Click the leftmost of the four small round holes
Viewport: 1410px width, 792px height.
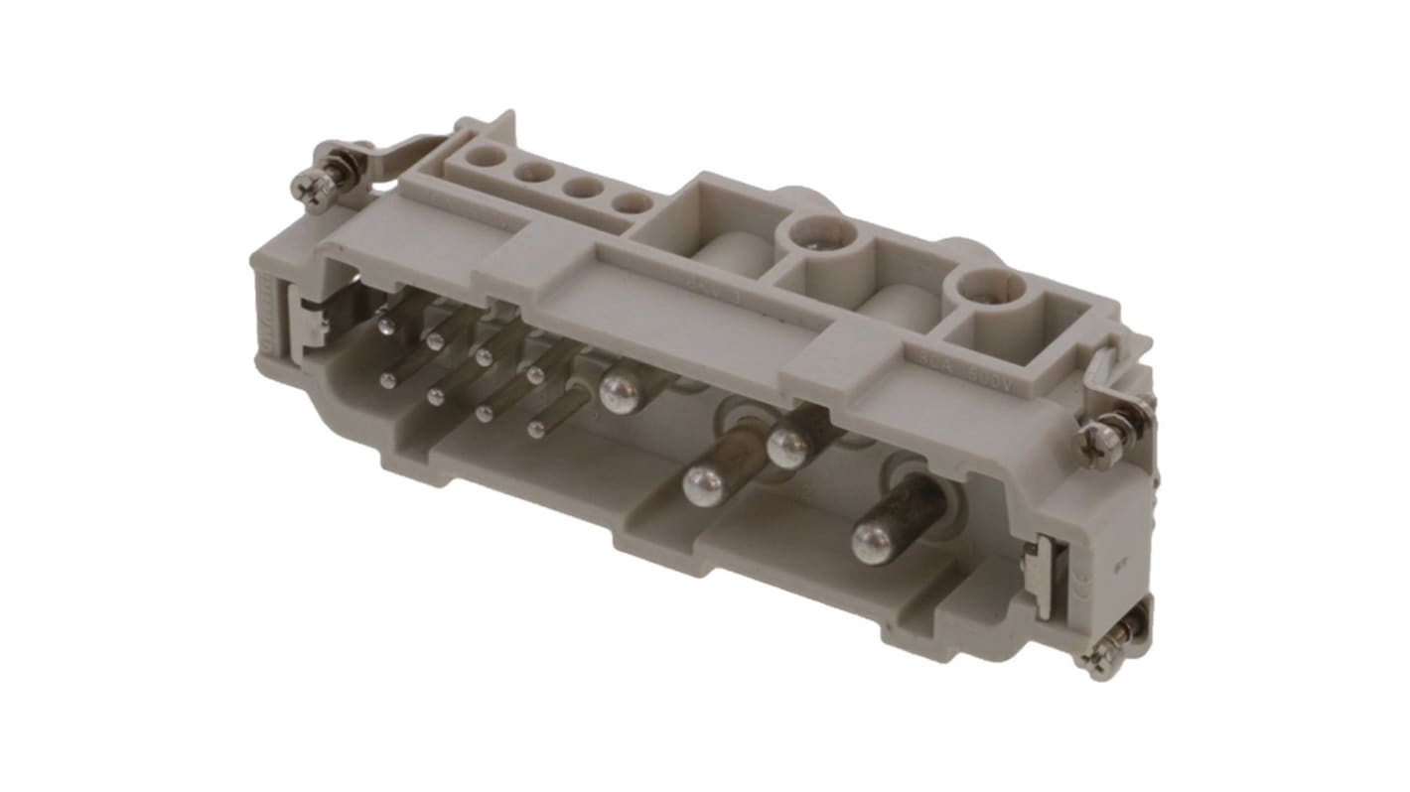pyautogui.click(x=488, y=156)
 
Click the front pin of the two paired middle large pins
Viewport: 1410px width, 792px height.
pyautogui.click(x=704, y=485)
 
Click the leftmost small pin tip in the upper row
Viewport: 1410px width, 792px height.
pyautogui.click(x=384, y=325)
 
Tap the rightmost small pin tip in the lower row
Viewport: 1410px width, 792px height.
pyautogui.click(x=536, y=429)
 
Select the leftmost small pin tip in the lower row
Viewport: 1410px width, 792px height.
pyautogui.click(x=389, y=379)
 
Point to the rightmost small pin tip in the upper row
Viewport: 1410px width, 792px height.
pyautogui.click(x=536, y=375)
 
